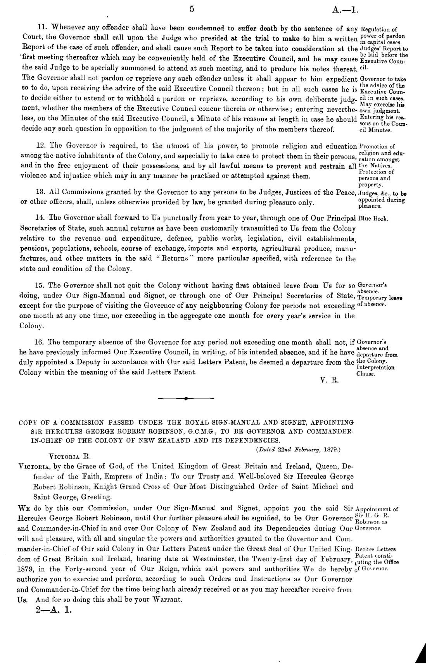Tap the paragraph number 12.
[x=41, y=146]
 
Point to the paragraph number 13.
[x=41, y=191]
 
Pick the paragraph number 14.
[x=41, y=218]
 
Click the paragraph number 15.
[x=40, y=286]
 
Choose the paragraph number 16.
[x=40, y=342]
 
